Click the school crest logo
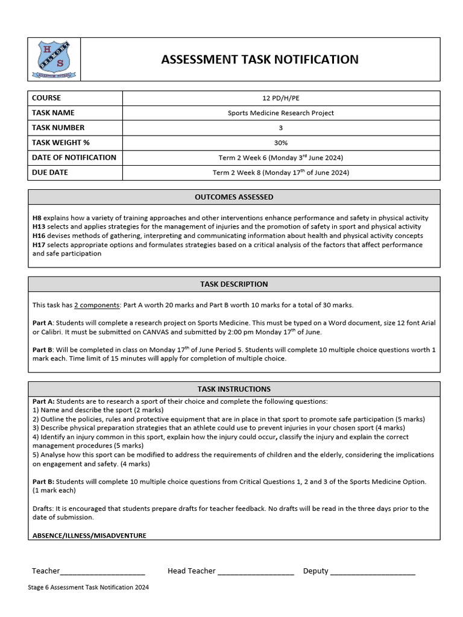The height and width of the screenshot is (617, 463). [54, 60]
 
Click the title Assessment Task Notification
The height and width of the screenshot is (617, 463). [259, 59]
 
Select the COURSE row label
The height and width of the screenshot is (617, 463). [46, 98]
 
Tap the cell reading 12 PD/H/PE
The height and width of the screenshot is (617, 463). [280, 98]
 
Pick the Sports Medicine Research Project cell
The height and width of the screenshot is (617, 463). [280, 113]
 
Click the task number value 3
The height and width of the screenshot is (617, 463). [280, 128]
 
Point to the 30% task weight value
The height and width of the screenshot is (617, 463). [280, 143]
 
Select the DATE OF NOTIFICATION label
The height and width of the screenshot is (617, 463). [74, 157]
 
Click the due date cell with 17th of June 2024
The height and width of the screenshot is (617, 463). [280, 172]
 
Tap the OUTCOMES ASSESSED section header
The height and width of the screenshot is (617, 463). [234, 197]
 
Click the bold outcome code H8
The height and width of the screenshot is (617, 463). [37, 218]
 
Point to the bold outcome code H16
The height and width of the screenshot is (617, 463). [39, 236]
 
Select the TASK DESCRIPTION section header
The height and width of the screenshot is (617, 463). [234, 284]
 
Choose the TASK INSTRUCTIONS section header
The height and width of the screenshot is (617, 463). [234, 389]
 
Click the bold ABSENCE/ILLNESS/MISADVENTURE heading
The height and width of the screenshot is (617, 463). [89, 535]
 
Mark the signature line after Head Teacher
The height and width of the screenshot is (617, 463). [256, 572]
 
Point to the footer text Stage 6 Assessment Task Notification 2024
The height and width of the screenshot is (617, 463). [88, 587]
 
